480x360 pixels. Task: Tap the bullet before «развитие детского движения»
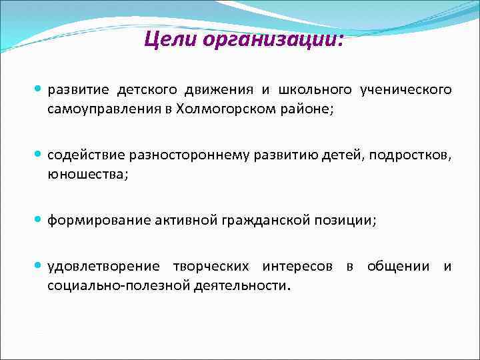(38, 89)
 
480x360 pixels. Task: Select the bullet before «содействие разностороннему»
(38, 155)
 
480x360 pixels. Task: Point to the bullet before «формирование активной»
(38, 221)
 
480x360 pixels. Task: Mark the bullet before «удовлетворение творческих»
(38, 267)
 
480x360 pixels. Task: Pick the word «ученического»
(405, 90)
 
